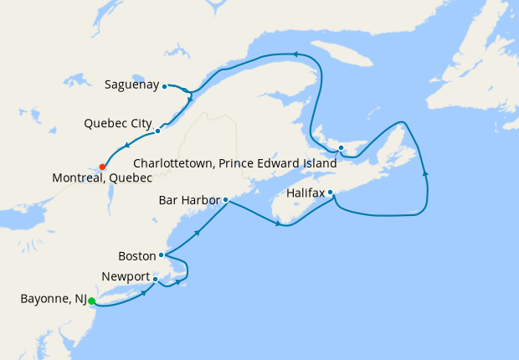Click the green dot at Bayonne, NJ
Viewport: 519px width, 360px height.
(92, 301)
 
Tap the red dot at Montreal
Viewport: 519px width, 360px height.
(102, 166)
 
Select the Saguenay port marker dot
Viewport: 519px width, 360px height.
(165, 85)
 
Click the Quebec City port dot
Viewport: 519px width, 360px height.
(157, 131)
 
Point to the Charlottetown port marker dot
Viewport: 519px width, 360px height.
(341, 149)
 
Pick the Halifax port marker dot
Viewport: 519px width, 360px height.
(331, 193)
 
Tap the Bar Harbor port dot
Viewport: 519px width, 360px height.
(225, 200)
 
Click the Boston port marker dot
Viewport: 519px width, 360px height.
(161, 255)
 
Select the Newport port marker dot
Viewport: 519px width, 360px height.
(156, 279)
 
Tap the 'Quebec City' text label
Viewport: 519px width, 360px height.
(117, 124)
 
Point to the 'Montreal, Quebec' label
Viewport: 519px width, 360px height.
(102, 178)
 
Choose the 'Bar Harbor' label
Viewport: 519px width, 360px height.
(189, 201)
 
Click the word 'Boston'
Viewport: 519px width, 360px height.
(136, 255)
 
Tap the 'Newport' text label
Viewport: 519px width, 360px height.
(126, 277)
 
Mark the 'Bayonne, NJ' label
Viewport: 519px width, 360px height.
(51, 298)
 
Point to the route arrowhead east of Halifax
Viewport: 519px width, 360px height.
(426, 173)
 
